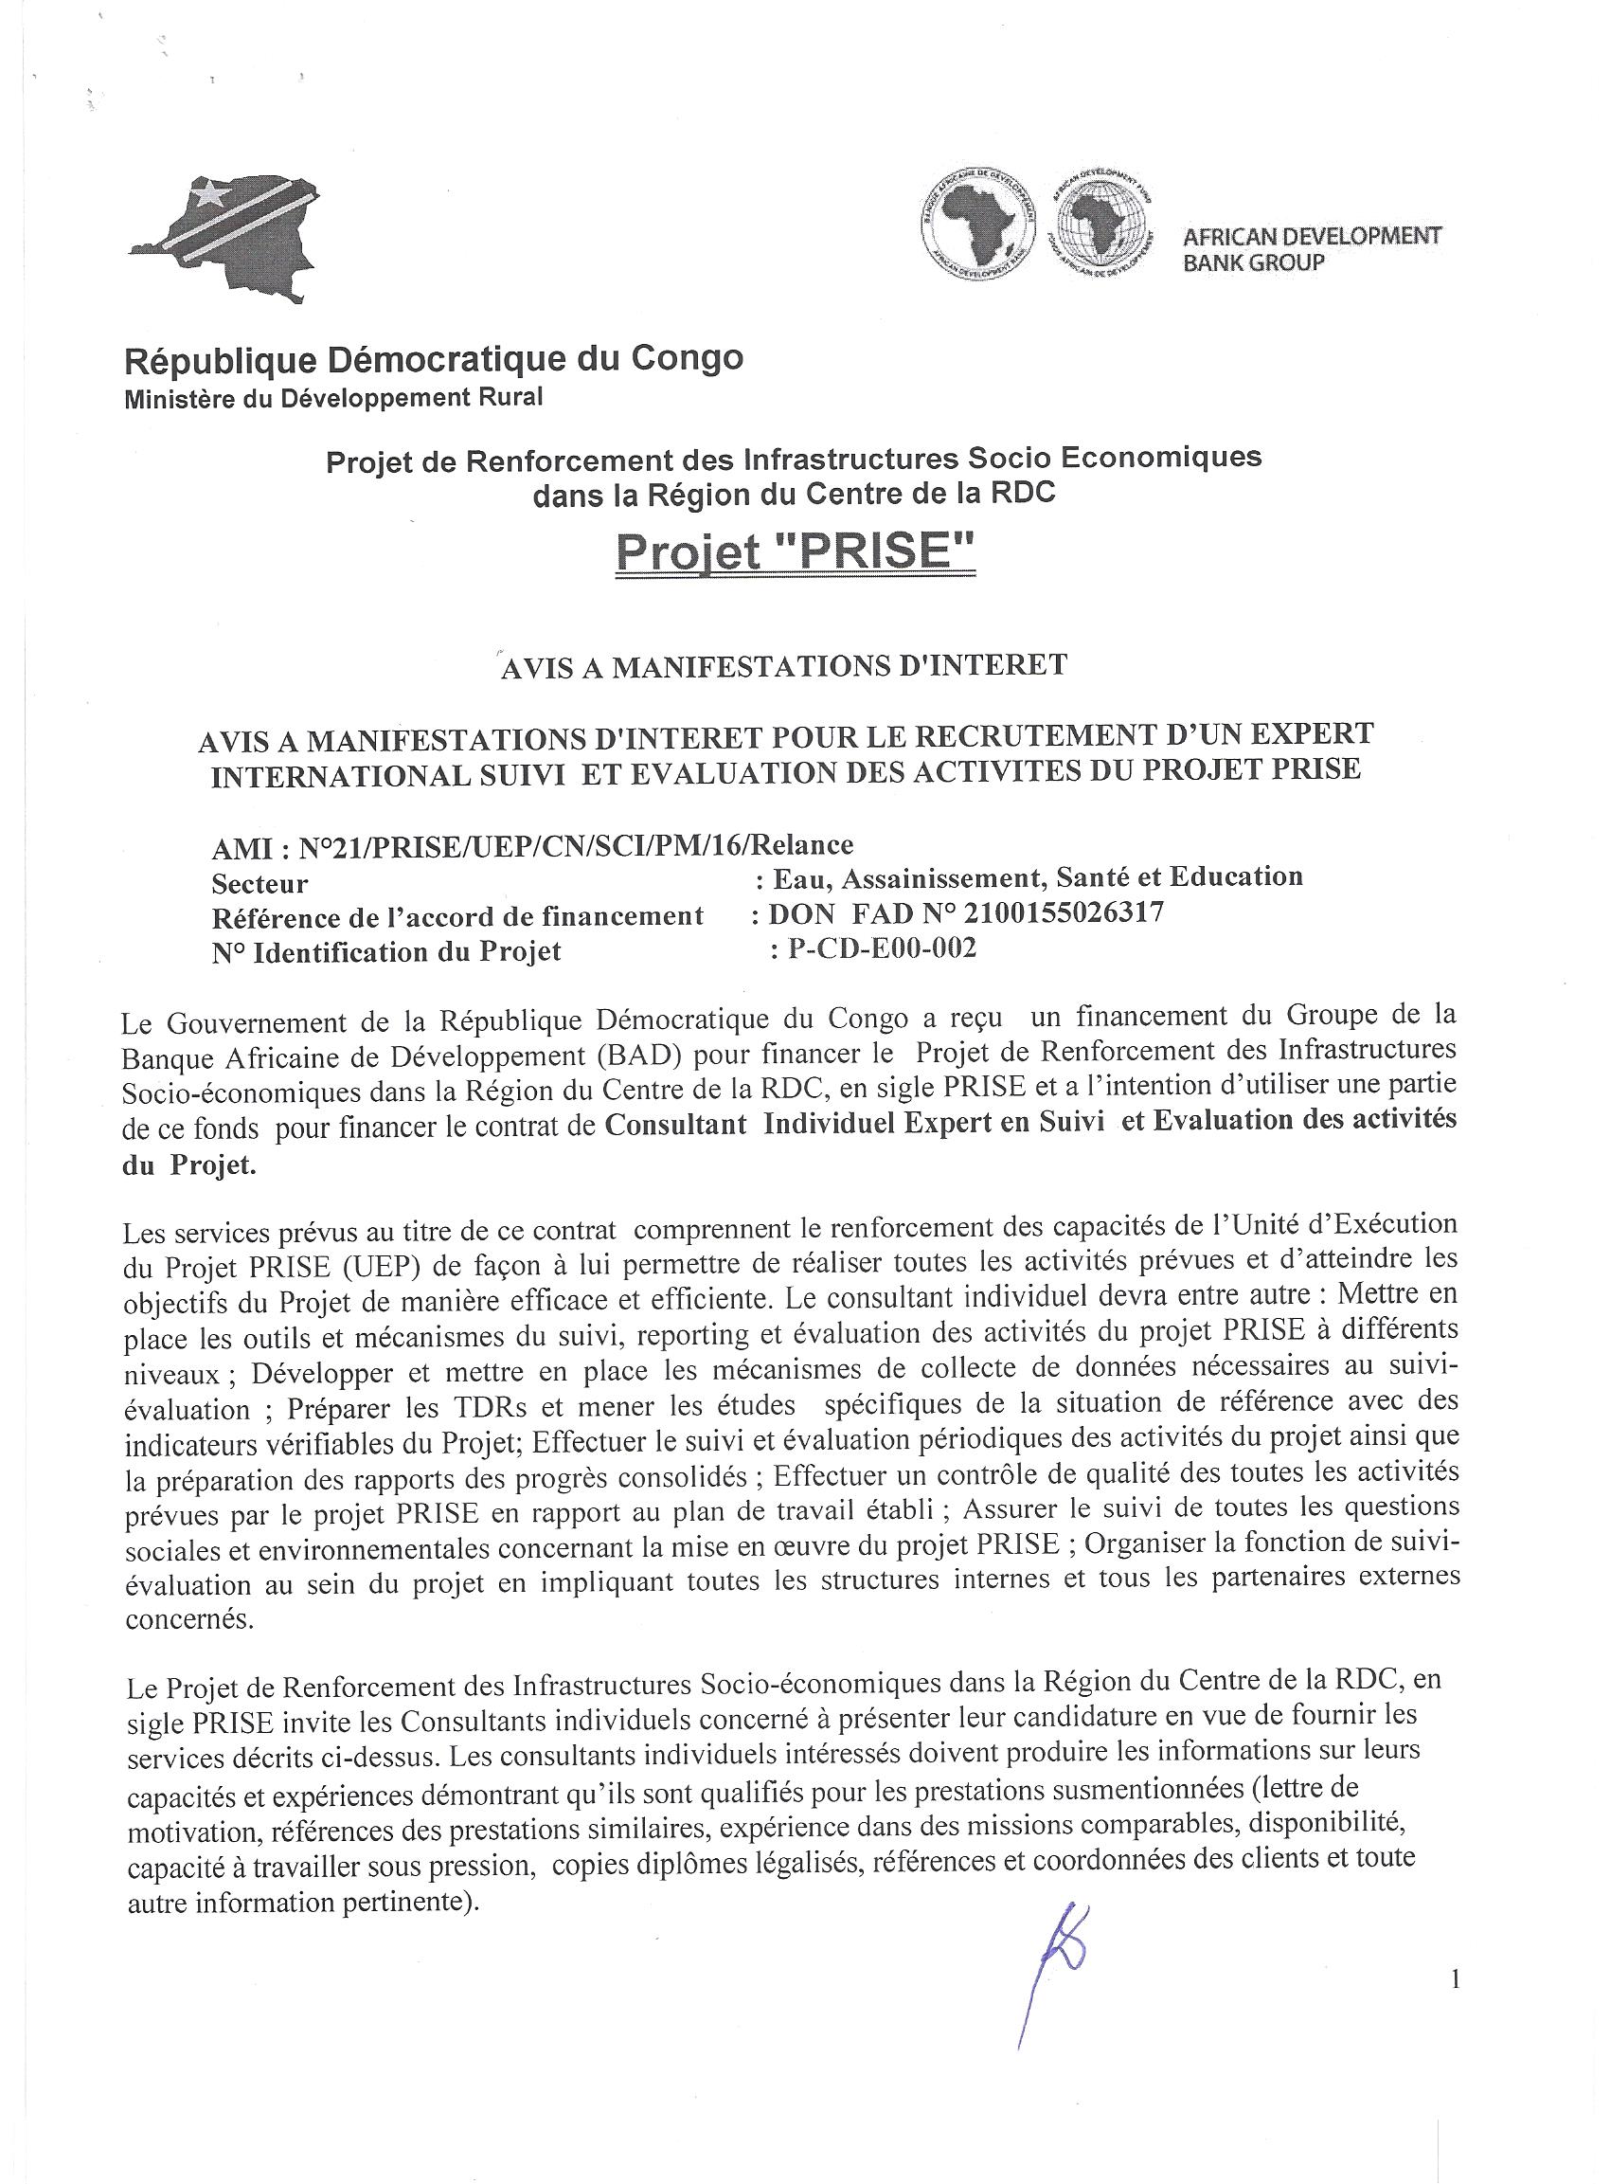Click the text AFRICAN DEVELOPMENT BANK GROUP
pyautogui.click(x=1311, y=248)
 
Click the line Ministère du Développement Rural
pyautogui.click(x=333, y=398)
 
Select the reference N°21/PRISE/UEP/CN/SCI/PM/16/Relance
pyautogui.click(x=576, y=843)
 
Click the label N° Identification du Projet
pyautogui.click(x=386, y=951)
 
